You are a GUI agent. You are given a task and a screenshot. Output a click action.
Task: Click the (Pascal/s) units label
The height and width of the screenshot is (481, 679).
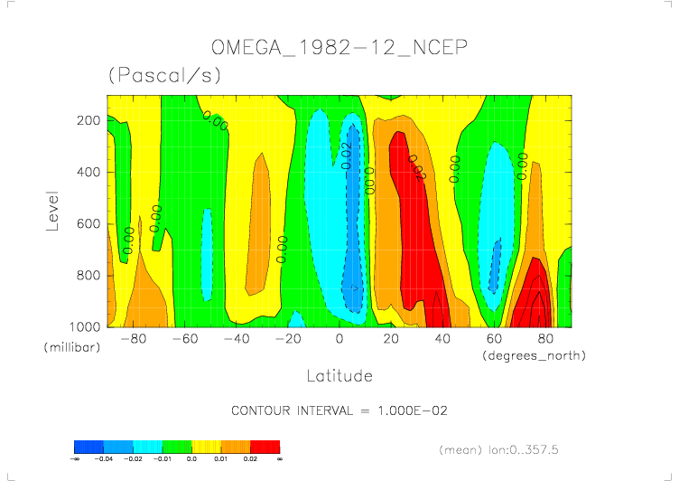[x=163, y=76]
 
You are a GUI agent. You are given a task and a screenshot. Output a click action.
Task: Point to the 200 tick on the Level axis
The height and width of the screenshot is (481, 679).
[x=88, y=120]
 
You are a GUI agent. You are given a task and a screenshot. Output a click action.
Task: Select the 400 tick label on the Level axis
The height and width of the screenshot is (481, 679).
[x=88, y=172]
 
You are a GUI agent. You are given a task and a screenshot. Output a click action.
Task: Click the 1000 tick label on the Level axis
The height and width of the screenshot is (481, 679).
[x=84, y=326]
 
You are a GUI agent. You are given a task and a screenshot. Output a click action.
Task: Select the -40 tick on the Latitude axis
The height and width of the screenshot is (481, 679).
[x=237, y=339]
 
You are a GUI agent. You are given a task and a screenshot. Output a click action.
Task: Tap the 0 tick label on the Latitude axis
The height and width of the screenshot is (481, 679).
[x=339, y=339]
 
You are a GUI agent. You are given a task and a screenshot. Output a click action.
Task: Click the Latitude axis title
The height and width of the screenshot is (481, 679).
[x=339, y=374]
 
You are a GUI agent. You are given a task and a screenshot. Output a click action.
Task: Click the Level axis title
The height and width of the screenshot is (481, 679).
[x=52, y=210]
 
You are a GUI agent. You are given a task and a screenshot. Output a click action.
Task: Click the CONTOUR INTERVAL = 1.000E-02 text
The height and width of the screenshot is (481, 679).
[x=339, y=410]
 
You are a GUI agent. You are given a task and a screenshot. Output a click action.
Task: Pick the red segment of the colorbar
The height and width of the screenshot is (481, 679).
[x=265, y=446]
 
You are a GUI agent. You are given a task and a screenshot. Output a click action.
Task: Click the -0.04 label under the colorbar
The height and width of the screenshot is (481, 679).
[x=104, y=459]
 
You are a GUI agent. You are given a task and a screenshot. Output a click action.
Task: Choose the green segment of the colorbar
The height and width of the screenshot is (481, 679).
[x=177, y=446]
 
